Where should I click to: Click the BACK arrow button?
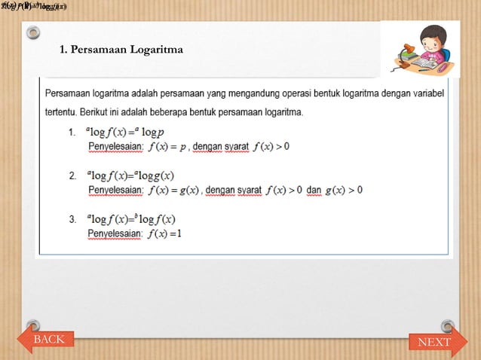tap(47, 340)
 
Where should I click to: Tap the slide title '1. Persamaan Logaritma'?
tap(121, 50)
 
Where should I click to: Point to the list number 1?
tap(72, 133)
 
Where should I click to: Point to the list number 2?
tap(72, 176)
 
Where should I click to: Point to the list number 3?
tap(72, 220)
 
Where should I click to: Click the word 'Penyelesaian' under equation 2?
tap(115, 190)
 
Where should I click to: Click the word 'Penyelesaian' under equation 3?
tap(115, 233)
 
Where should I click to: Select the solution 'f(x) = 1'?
tap(165, 233)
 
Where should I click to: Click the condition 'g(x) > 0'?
tap(343, 190)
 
